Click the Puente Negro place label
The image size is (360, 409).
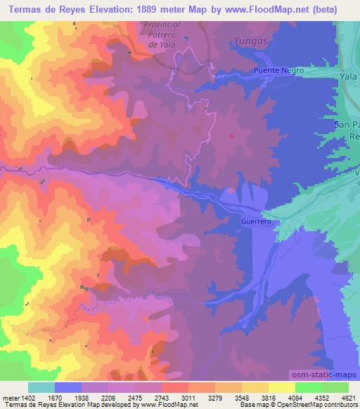[x=279, y=71]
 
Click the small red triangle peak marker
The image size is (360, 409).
[x=231, y=136]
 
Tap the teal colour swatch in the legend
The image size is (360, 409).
[x=41, y=387]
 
